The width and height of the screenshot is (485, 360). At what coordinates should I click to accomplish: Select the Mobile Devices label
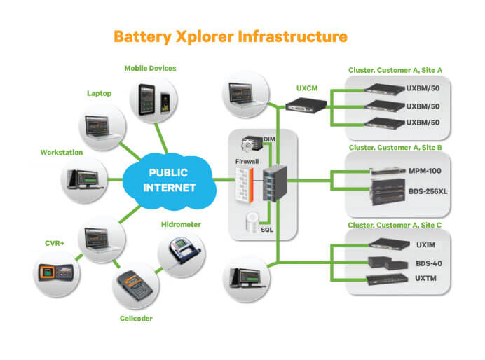point(150,68)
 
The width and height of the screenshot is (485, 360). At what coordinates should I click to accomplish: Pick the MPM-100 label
point(427,171)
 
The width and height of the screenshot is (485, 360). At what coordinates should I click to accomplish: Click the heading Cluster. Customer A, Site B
point(397,148)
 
